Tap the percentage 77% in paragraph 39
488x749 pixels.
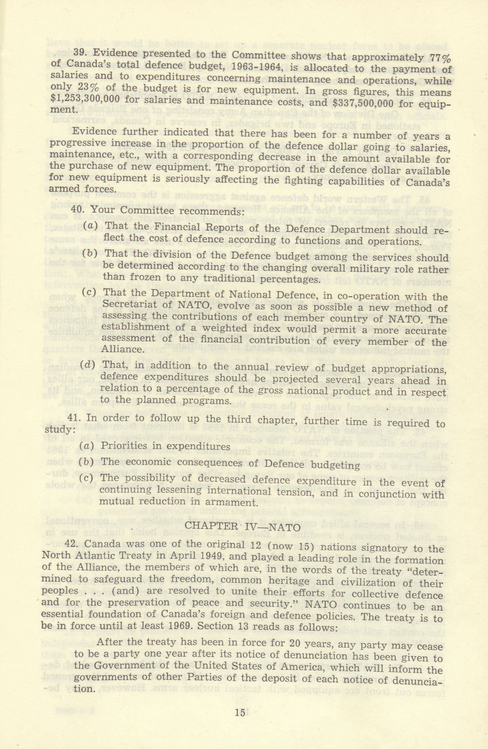click(x=440, y=59)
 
